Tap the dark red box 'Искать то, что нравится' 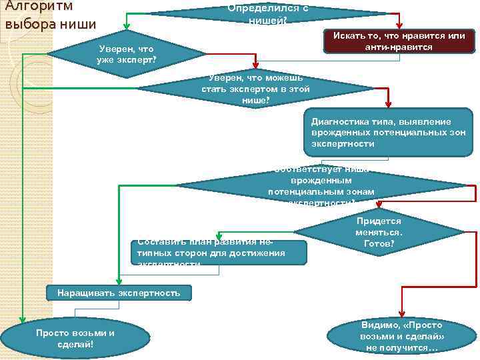point(399,41)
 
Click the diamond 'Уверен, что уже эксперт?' point(126,54)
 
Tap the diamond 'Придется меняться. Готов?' point(379,233)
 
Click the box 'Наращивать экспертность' point(119,293)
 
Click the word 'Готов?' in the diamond point(379,244)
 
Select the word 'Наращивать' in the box point(85,293)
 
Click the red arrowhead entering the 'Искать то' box point(399,26)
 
